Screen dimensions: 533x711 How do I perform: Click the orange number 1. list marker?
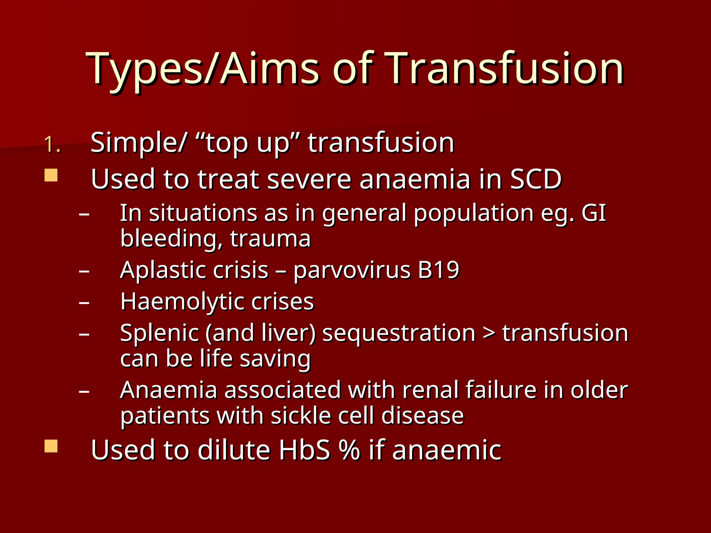[52, 144]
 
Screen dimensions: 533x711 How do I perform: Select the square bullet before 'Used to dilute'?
[51, 446]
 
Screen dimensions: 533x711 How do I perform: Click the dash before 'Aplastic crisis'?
[84, 271]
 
